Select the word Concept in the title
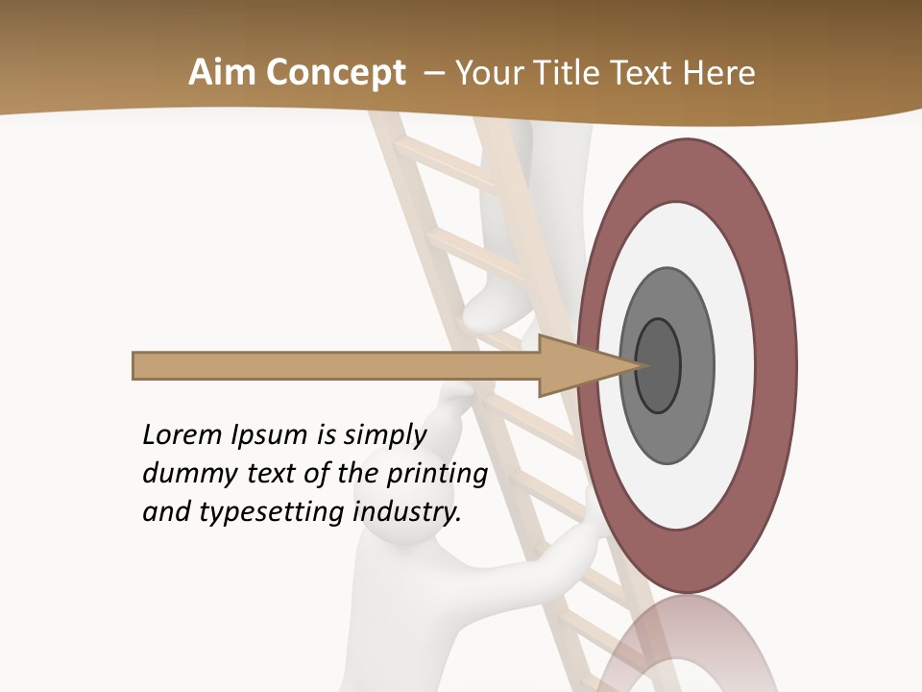(x=335, y=73)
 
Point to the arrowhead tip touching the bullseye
(x=642, y=365)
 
